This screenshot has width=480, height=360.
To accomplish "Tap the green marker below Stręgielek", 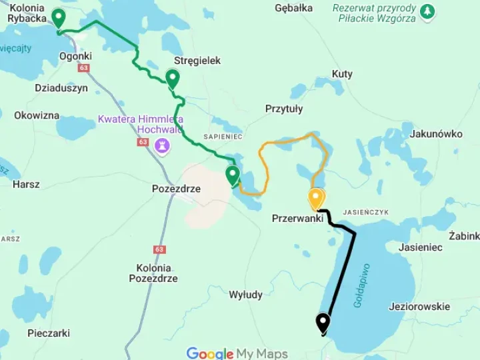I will (173, 79).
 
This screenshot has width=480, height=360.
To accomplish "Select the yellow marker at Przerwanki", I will (316, 199).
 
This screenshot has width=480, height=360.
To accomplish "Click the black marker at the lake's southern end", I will (323, 323).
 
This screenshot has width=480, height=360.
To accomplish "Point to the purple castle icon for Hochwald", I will (162, 145).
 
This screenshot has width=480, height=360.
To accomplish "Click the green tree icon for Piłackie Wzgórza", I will (427, 11).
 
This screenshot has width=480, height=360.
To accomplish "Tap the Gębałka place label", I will (293, 8).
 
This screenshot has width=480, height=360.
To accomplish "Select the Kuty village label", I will (342, 74).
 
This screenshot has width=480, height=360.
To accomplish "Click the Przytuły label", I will (284, 109).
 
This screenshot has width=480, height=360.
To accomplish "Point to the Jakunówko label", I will (436, 133).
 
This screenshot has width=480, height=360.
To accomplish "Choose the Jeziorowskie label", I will (419, 307).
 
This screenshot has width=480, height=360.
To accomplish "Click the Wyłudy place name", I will (245, 295).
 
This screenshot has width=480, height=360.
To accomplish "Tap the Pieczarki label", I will (49, 333).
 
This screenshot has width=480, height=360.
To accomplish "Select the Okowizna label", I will (37, 115).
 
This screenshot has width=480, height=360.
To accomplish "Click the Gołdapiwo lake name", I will (362, 285).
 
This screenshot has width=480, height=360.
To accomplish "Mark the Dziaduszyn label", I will (61, 87).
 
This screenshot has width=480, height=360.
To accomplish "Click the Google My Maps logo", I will (237, 353).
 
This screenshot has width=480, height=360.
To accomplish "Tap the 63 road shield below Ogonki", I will (83, 68).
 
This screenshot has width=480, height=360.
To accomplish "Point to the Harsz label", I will (26, 184).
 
